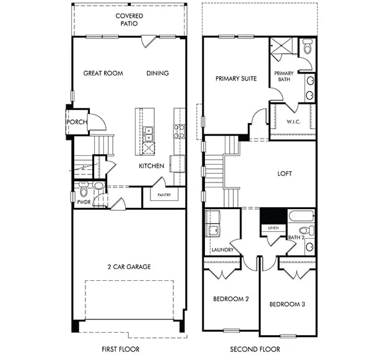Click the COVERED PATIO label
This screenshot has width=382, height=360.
point(129,20)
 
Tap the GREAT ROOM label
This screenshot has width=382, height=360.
point(103,73)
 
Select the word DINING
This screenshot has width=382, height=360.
point(158,73)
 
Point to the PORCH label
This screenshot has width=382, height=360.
point(77,122)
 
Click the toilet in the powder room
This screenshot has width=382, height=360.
point(84,189)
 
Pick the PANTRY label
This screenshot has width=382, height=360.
point(164,195)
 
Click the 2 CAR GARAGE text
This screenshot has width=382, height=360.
point(129,267)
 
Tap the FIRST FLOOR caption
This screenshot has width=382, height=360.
point(121,349)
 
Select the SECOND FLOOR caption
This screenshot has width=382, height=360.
point(255,349)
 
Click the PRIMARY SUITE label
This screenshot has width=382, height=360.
point(236,79)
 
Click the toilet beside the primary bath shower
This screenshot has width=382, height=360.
point(307,47)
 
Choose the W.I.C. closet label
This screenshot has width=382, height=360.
point(293,122)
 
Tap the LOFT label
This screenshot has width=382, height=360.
point(285,174)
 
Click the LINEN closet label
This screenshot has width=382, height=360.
point(273,228)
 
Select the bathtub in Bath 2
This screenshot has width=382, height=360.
point(302,216)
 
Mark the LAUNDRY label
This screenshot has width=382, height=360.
point(222,250)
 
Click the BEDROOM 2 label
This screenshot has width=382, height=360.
point(231,299)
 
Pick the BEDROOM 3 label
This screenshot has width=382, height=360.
point(287,304)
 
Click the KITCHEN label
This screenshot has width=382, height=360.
point(151,166)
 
